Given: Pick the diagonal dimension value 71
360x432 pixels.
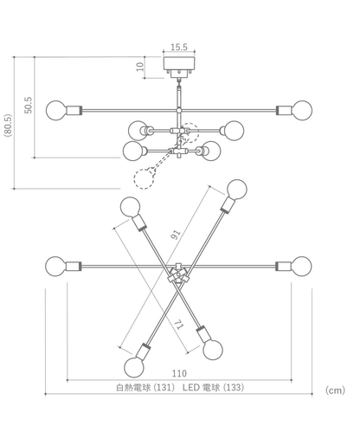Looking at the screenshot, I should (177, 326).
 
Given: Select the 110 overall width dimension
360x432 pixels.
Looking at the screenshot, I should (179, 373).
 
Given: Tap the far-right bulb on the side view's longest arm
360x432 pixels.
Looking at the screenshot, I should (302, 110).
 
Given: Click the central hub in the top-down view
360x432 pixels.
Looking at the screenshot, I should (178, 277).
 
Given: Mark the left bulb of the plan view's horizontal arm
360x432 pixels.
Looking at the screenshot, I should (55, 265).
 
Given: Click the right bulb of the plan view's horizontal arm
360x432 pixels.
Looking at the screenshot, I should (301, 265).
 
